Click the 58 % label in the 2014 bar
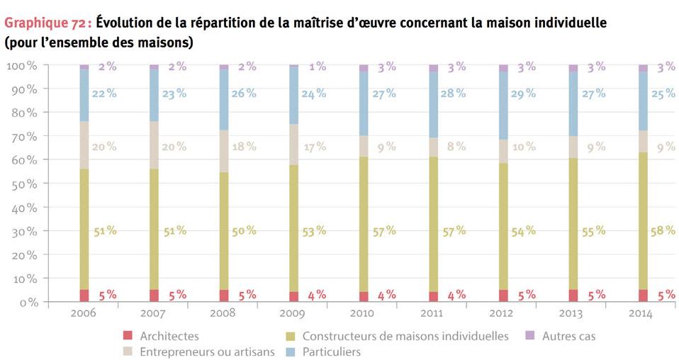click(x=664, y=231)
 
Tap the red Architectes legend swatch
click(x=128, y=336)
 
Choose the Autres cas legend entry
click(x=568, y=336)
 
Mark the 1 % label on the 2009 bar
click(x=316, y=67)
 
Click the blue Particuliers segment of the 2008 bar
click(x=224, y=99)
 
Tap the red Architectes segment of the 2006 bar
click(x=84, y=296)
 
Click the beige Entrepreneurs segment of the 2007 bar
click(x=154, y=145)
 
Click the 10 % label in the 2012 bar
click(x=524, y=147)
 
